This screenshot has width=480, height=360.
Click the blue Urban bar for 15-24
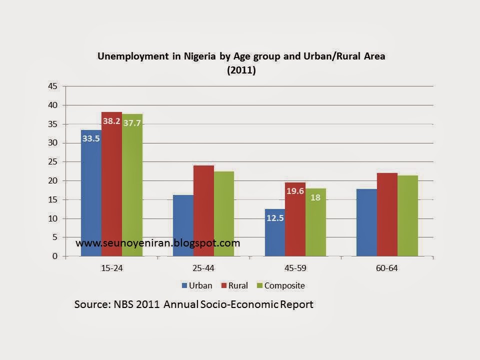coord(91,193)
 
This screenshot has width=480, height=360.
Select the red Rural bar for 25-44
coord(203,211)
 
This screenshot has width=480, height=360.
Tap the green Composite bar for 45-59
coord(315,222)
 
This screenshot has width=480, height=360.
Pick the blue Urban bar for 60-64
coord(366,222)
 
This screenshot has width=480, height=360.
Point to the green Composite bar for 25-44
coord(224,213)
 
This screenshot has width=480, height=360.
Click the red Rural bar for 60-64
coord(387,214)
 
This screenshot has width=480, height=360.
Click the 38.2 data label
coord(111,121)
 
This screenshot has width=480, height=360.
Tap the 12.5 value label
coord(275,218)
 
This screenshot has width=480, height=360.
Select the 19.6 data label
coord(295,191)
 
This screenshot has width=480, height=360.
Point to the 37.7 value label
coord(132,123)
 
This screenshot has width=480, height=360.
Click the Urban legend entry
coord(197,285)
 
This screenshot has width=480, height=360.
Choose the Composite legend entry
coord(281,285)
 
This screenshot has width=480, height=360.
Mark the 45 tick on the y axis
coord(52,86)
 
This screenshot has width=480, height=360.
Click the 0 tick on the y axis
coord(55,256)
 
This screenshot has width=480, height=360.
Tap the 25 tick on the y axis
coord(52,161)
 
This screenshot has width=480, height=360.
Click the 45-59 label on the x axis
coord(295,268)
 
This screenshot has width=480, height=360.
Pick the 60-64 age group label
coord(386,268)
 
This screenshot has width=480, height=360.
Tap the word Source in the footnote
coord(92,304)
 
